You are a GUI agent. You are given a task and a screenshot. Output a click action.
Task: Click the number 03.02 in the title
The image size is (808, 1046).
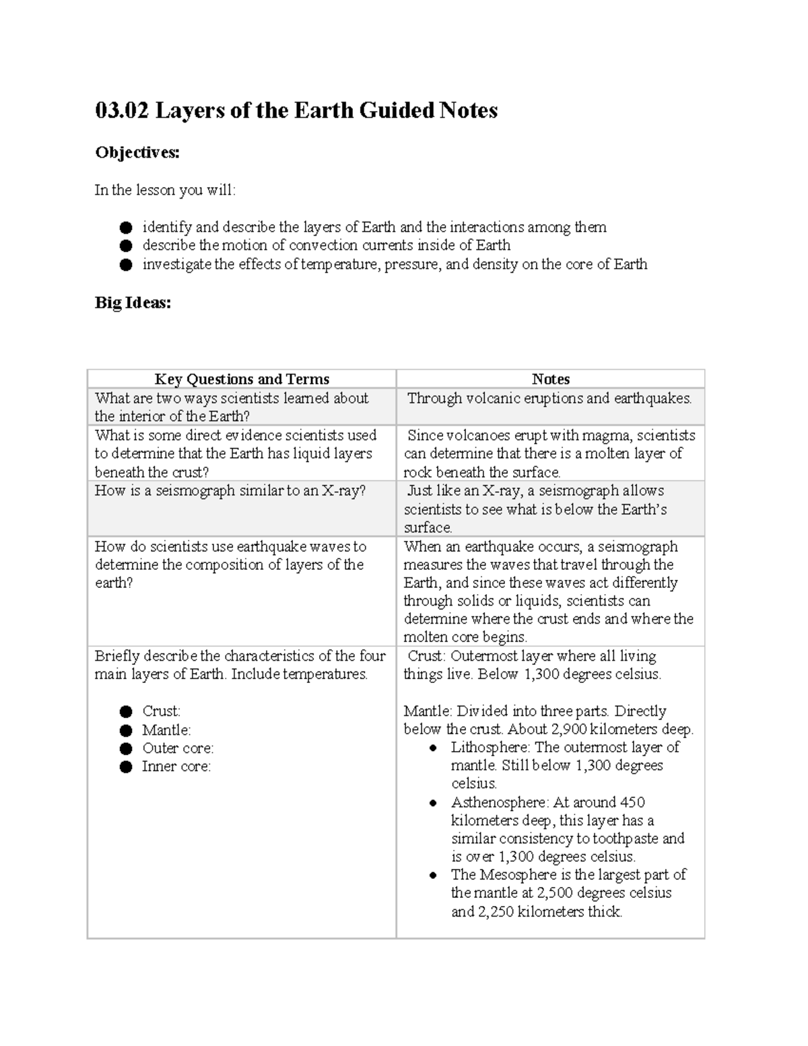pyautogui.click(x=122, y=110)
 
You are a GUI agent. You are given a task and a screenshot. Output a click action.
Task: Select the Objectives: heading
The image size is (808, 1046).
pyautogui.click(x=137, y=153)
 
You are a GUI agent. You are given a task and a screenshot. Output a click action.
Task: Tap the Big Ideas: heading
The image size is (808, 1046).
pyautogui.click(x=133, y=303)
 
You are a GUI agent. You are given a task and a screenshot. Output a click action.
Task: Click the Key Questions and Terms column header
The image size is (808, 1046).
pyautogui.click(x=242, y=379)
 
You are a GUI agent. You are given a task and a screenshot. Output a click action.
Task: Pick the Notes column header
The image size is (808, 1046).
pyautogui.click(x=550, y=379)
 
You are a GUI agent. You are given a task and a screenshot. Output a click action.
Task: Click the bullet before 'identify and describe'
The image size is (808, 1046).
pyautogui.click(x=126, y=228)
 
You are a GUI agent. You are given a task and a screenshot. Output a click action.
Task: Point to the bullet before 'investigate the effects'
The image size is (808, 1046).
pyautogui.click(x=126, y=265)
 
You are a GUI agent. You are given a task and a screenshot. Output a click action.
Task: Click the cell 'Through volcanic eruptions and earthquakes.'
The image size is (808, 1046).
pyautogui.click(x=549, y=398)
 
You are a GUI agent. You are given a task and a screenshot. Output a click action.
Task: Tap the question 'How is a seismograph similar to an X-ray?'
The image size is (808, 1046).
pyautogui.click(x=230, y=490)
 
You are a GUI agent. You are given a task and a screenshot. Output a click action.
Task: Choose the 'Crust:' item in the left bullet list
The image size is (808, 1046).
pyautogui.click(x=161, y=711)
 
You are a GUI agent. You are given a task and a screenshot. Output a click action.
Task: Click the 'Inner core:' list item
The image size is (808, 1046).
pyautogui.click(x=176, y=766)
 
